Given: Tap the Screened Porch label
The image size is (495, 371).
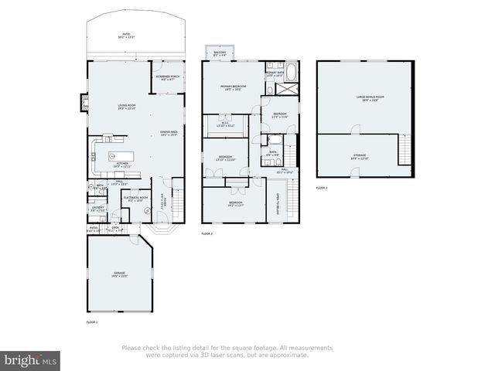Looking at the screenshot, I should click(x=169, y=78).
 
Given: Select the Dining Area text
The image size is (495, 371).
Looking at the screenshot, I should click(x=169, y=133).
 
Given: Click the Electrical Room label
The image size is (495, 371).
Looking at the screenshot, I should click(x=135, y=199).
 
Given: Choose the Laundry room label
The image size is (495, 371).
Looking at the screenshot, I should click(x=97, y=208).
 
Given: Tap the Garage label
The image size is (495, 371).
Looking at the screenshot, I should click(x=120, y=274).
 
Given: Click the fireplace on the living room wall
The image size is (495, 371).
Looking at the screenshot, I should click(x=83, y=102).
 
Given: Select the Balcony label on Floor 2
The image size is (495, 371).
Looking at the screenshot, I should click(x=220, y=54).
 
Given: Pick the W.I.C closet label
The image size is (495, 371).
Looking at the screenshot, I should click(x=224, y=124).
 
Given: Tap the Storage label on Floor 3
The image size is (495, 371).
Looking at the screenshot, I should click(x=360, y=157).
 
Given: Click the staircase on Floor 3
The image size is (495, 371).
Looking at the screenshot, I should click(x=404, y=149).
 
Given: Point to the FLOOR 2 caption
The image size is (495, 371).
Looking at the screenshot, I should click(x=207, y=233).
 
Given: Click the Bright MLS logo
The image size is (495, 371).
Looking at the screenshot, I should click(x=31, y=360).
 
